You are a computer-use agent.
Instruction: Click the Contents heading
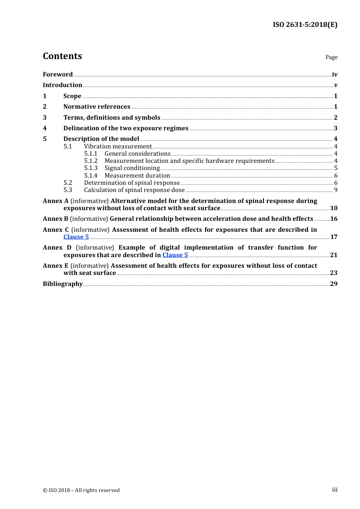[x=62, y=56]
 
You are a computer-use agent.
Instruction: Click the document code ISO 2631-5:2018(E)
[x=305, y=25]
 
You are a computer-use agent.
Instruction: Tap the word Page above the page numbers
[x=331, y=57]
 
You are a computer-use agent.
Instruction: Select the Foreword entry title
[x=58, y=75]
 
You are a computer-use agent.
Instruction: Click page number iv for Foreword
[x=335, y=75]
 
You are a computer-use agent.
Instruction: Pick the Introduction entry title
[x=63, y=85]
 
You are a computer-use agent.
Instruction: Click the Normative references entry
[x=97, y=107]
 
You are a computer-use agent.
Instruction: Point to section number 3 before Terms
[x=45, y=118]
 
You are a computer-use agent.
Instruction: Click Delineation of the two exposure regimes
[x=126, y=128]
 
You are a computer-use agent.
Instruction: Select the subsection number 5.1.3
[x=91, y=168]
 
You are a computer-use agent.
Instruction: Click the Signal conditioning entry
[x=132, y=168]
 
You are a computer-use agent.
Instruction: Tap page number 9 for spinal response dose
[x=336, y=190]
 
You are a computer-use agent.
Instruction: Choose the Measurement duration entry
[x=137, y=176]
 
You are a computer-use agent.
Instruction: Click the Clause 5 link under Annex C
[x=76, y=237]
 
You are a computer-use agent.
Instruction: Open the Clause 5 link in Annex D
[x=175, y=255]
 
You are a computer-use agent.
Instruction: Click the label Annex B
[x=55, y=219]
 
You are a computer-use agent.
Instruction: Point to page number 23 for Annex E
[x=333, y=273]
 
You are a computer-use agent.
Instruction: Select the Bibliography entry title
[x=63, y=284]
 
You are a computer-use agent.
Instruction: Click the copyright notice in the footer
[x=81, y=490]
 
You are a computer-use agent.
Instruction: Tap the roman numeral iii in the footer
[x=335, y=490]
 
